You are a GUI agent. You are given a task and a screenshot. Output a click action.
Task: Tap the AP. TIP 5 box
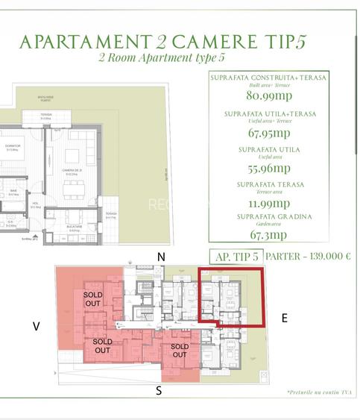pos(236,256)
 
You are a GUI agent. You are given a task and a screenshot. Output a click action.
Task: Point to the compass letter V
pos(35,326)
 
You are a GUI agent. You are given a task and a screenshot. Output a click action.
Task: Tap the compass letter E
pos(284,318)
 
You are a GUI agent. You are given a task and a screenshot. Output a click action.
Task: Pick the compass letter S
pos(158,389)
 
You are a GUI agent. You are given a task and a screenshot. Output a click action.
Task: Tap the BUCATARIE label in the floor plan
pos(74,227)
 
